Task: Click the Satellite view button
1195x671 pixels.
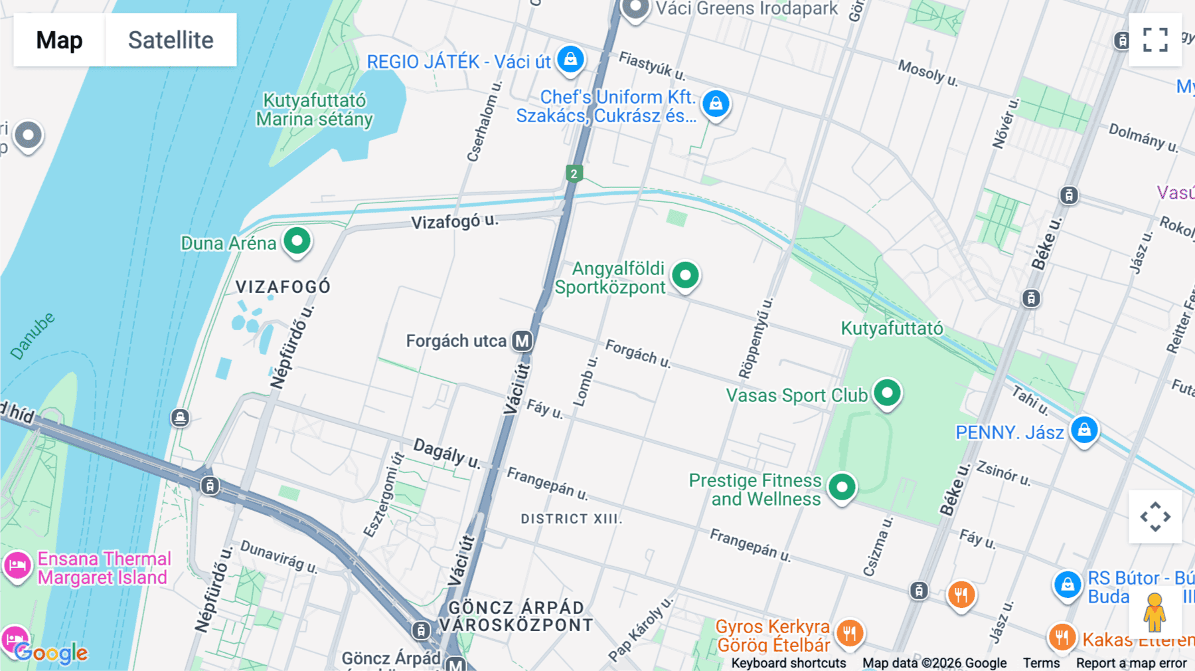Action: pyautogui.click(x=171, y=40)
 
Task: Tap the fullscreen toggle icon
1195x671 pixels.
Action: pyautogui.click(x=1155, y=40)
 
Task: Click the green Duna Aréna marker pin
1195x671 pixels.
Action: pyautogui.click(x=297, y=240)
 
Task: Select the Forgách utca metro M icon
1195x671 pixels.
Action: pyautogui.click(x=522, y=341)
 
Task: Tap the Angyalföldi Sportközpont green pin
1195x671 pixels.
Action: pyautogui.click(x=685, y=274)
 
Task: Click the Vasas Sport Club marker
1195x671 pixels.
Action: pyautogui.click(x=887, y=393)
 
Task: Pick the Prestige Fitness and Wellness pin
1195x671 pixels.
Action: pyautogui.click(x=842, y=487)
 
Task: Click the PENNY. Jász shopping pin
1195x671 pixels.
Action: pyautogui.click(x=1084, y=430)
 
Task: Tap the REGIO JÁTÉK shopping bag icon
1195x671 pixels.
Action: pyautogui.click(x=570, y=59)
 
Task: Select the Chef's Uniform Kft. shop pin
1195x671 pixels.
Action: pyautogui.click(x=716, y=104)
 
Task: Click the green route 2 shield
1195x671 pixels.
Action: pyautogui.click(x=574, y=174)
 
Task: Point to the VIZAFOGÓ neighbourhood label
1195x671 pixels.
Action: pyautogui.click(x=283, y=287)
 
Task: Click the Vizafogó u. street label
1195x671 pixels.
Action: pyautogui.click(x=454, y=221)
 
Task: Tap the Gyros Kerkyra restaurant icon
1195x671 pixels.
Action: pyautogui.click(x=849, y=632)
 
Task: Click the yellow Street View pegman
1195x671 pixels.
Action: pyautogui.click(x=1155, y=613)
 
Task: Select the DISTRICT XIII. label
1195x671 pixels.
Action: pyautogui.click(x=571, y=519)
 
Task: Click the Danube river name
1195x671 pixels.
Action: pyautogui.click(x=33, y=336)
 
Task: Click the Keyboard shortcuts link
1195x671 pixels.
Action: pyautogui.click(x=788, y=663)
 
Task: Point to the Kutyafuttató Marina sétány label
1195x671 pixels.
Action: pyautogui.click(x=314, y=110)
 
